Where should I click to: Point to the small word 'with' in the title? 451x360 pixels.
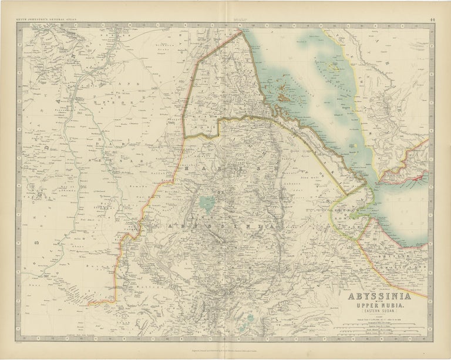376,302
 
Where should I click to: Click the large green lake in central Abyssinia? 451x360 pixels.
206,203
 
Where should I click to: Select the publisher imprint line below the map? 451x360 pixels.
225,348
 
